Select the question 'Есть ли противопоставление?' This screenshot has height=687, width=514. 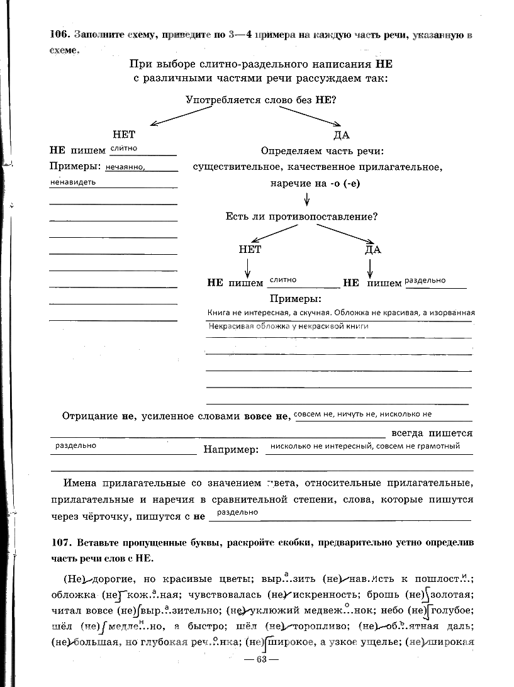coord(301,216)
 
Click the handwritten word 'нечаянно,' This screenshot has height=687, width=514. coord(126,168)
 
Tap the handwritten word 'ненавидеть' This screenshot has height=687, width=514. coord(73,182)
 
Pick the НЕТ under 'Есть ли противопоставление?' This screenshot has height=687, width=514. coord(250,249)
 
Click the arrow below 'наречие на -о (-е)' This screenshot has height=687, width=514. coord(307,199)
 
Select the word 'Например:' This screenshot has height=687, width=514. coord(231,450)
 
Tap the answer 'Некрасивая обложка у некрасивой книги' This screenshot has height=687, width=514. coord(288,327)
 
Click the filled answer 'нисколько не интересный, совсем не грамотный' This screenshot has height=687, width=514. coord(364,446)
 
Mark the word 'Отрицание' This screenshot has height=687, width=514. coord(90,416)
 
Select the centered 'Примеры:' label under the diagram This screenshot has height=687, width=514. coord(295,299)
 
